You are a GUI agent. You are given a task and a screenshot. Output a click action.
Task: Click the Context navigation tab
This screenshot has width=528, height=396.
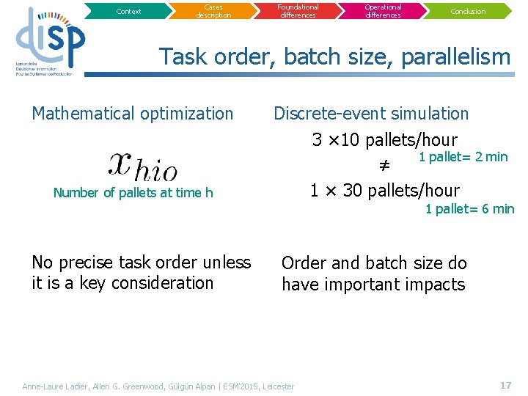tap(129, 11)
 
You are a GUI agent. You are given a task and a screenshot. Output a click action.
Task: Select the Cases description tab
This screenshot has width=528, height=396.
tap(213, 11)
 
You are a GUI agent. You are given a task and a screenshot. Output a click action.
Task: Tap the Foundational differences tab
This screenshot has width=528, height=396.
tap(298, 11)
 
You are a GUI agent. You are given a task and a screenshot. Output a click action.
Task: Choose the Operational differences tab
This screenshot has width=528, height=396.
tap(383, 11)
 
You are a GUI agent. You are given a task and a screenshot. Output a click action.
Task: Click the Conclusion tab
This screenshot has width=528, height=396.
tap(468, 11)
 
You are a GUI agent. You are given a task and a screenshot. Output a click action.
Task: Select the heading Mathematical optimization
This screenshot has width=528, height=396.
tap(133, 114)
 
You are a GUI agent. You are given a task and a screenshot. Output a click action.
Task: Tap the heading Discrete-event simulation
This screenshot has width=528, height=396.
tap(371, 114)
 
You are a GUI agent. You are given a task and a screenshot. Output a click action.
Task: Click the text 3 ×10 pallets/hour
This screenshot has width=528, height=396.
tap(384, 140)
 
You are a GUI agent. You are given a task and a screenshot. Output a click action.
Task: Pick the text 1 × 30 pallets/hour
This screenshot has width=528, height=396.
tap(384, 191)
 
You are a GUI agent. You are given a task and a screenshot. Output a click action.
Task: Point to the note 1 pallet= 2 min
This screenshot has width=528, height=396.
tap(463, 157)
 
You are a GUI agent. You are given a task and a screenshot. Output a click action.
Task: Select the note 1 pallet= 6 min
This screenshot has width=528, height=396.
tap(470, 209)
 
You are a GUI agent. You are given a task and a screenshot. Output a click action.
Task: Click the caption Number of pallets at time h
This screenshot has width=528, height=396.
tap(133, 193)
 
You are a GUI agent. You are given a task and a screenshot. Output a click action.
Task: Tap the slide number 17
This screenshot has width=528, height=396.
tap(505, 385)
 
